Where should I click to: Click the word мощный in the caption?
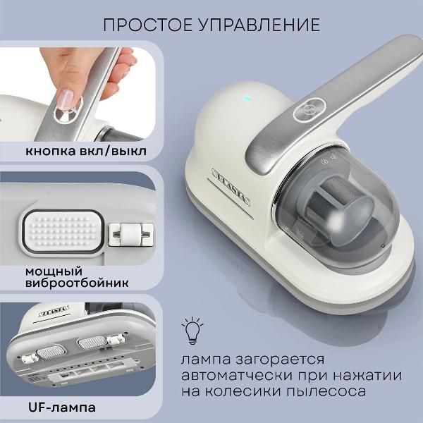pos(54,271)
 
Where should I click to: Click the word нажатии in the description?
pos(359,374)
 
